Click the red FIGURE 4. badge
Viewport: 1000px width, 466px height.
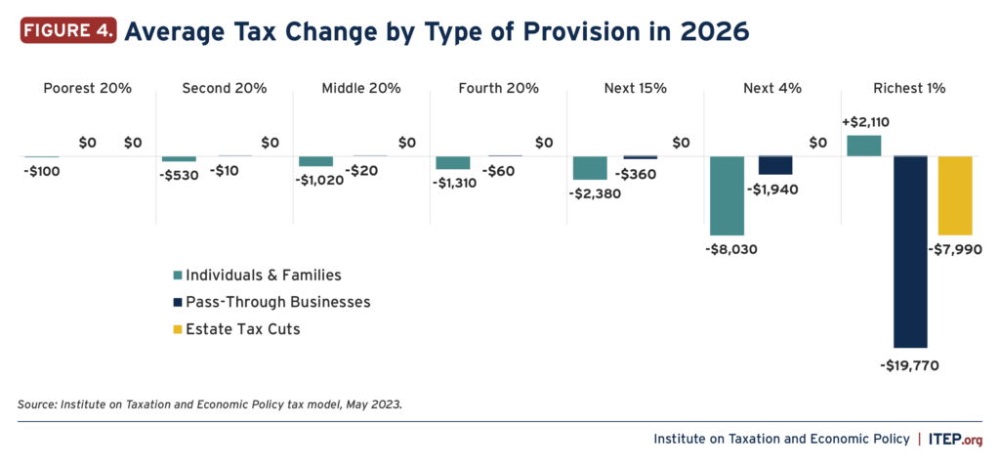click(x=67, y=30)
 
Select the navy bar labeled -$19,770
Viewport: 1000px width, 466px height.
click(x=909, y=251)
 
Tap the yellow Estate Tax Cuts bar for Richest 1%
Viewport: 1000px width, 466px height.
click(x=955, y=195)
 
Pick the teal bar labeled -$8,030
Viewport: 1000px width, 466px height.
click(x=727, y=195)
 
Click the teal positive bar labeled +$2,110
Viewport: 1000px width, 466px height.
click(x=863, y=146)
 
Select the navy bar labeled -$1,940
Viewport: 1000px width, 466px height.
click(x=774, y=164)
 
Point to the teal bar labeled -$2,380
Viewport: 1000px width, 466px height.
click(x=590, y=167)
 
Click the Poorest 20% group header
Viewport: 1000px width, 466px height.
click(x=87, y=88)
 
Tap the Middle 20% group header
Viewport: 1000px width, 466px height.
click(x=361, y=88)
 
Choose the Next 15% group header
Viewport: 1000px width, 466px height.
click(x=635, y=88)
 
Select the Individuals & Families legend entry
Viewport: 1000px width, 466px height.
click(x=257, y=275)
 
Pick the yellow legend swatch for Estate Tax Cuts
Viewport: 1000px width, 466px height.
click(x=177, y=329)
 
